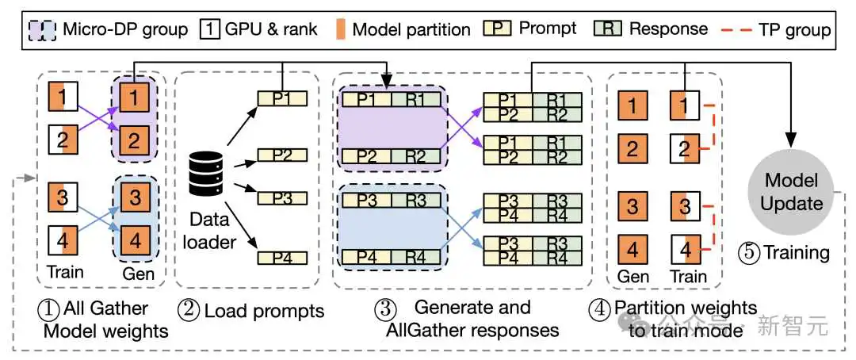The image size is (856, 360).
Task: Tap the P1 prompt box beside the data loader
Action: click(x=282, y=98)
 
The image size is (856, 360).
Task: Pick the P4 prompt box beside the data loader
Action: click(x=282, y=258)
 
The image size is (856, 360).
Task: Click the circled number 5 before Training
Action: click(x=748, y=252)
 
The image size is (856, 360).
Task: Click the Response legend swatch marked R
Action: click(x=608, y=29)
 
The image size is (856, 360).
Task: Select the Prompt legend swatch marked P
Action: click(x=497, y=29)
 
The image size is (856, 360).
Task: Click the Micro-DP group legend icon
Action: click(x=40, y=29)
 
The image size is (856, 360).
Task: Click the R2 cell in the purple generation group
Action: click(x=415, y=155)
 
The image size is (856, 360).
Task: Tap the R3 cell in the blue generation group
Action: click(x=415, y=201)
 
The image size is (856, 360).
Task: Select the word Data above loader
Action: click(x=207, y=220)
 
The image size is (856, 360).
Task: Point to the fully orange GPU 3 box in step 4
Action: click(x=632, y=207)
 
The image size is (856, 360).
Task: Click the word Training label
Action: click(x=796, y=253)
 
